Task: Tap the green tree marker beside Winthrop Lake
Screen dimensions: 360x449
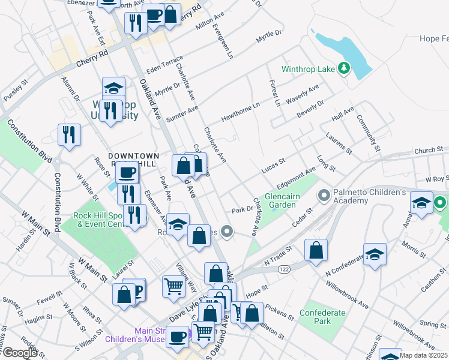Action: (343, 68)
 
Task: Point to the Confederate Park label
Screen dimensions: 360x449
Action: (323, 317)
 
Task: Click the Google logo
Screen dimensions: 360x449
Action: (20, 353)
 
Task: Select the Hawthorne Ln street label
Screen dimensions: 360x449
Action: (240, 111)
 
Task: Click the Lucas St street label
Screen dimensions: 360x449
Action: (273, 166)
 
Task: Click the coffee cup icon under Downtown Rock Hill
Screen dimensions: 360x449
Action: (127, 173)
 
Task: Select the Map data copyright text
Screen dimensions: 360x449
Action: (423, 355)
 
